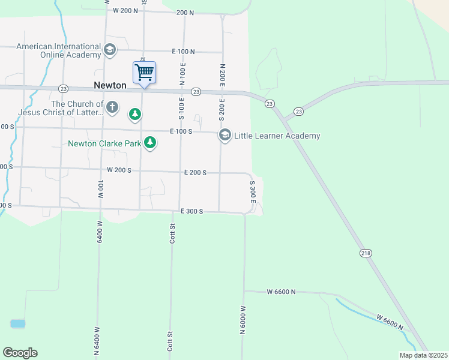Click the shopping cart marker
coord(144,73)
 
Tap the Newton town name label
coord(110,85)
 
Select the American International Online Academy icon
coord(110,50)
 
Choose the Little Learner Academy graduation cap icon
coord(225,135)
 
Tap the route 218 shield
coord(366,253)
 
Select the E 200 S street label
coord(195,173)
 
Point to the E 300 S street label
coord(192,211)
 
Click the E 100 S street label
coord(181,131)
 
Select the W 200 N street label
coord(125,11)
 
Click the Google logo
coord(20,353)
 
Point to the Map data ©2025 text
coord(423,355)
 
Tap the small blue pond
coord(18,323)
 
